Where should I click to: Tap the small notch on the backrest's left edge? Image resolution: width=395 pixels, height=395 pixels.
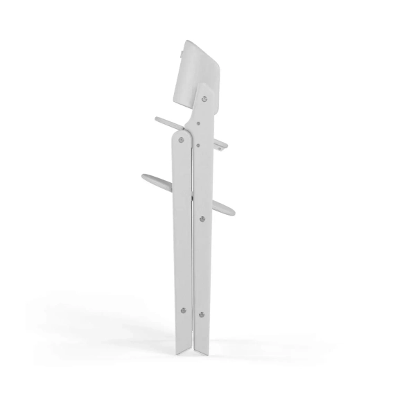177,51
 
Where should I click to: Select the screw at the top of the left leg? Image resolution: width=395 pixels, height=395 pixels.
182,139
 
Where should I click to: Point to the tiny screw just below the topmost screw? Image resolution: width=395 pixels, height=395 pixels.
200,124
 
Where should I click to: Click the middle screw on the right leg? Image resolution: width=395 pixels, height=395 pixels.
202,220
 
